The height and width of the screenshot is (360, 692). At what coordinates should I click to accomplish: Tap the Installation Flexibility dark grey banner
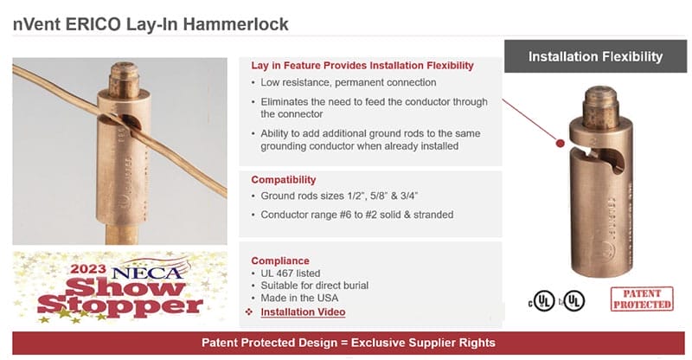tap(595, 57)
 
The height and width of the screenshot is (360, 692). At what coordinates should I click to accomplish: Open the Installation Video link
tap(303, 312)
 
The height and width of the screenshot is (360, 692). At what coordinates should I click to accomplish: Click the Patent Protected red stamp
tap(641, 299)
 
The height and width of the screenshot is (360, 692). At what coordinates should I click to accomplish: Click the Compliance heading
tap(279, 260)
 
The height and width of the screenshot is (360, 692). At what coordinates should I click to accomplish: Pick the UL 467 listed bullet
tap(290, 273)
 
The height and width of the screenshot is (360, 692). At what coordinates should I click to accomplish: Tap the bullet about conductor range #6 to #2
tap(356, 214)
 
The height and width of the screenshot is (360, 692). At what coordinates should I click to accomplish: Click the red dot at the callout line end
tap(561, 143)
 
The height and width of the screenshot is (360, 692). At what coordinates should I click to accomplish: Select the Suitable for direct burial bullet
tap(314, 286)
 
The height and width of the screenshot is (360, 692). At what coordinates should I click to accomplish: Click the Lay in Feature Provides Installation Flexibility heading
tap(362, 66)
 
